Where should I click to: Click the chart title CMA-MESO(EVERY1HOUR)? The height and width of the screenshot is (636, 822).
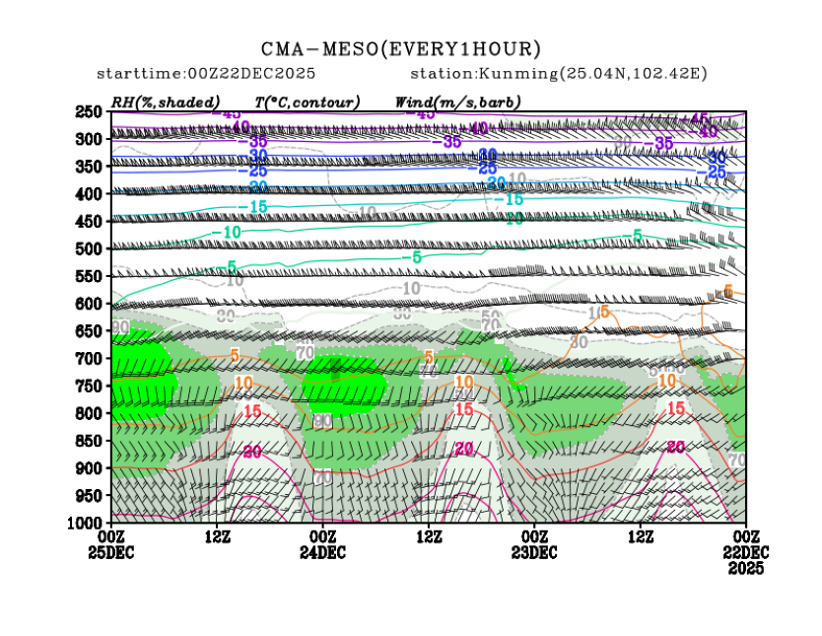[401, 48]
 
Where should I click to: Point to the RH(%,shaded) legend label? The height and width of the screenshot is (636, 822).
[166, 102]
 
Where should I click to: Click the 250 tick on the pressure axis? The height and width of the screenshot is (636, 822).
[90, 112]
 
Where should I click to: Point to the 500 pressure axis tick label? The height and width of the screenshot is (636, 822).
[90, 248]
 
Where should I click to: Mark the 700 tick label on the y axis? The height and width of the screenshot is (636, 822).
[90, 358]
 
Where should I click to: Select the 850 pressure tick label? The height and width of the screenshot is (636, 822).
[90, 440]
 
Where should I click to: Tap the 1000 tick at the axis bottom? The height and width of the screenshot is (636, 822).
[86, 522]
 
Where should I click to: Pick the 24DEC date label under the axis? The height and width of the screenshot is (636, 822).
[323, 552]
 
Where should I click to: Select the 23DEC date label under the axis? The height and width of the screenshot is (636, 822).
[535, 552]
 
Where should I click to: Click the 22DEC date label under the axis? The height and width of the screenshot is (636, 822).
[746, 552]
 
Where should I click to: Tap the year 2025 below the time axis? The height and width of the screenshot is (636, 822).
[746, 568]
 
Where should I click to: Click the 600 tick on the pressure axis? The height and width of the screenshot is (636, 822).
[90, 304]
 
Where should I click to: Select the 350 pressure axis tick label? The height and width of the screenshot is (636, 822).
[90, 167]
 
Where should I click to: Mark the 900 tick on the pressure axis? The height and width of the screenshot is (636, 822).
[90, 467]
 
